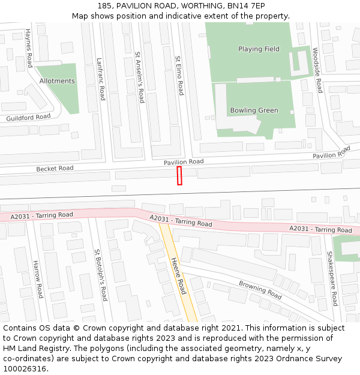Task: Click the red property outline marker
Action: click(x=179, y=176)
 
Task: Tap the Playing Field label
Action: click(x=259, y=49)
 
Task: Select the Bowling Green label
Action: click(x=254, y=110)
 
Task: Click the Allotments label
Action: click(x=57, y=81)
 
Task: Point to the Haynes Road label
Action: click(x=29, y=47)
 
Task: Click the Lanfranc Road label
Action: click(x=101, y=79)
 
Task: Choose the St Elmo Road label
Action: click(x=179, y=76)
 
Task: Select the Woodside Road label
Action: click(x=317, y=70)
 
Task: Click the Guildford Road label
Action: click(x=29, y=118)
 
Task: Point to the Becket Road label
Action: click(x=55, y=169)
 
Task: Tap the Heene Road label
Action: click(x=179, y=276)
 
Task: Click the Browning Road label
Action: click(x=260, y=290)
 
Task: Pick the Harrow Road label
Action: click(x=37, y=280)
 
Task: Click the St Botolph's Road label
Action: click(x=100, y=275)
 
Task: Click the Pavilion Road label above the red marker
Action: click(x=184, y=162)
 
